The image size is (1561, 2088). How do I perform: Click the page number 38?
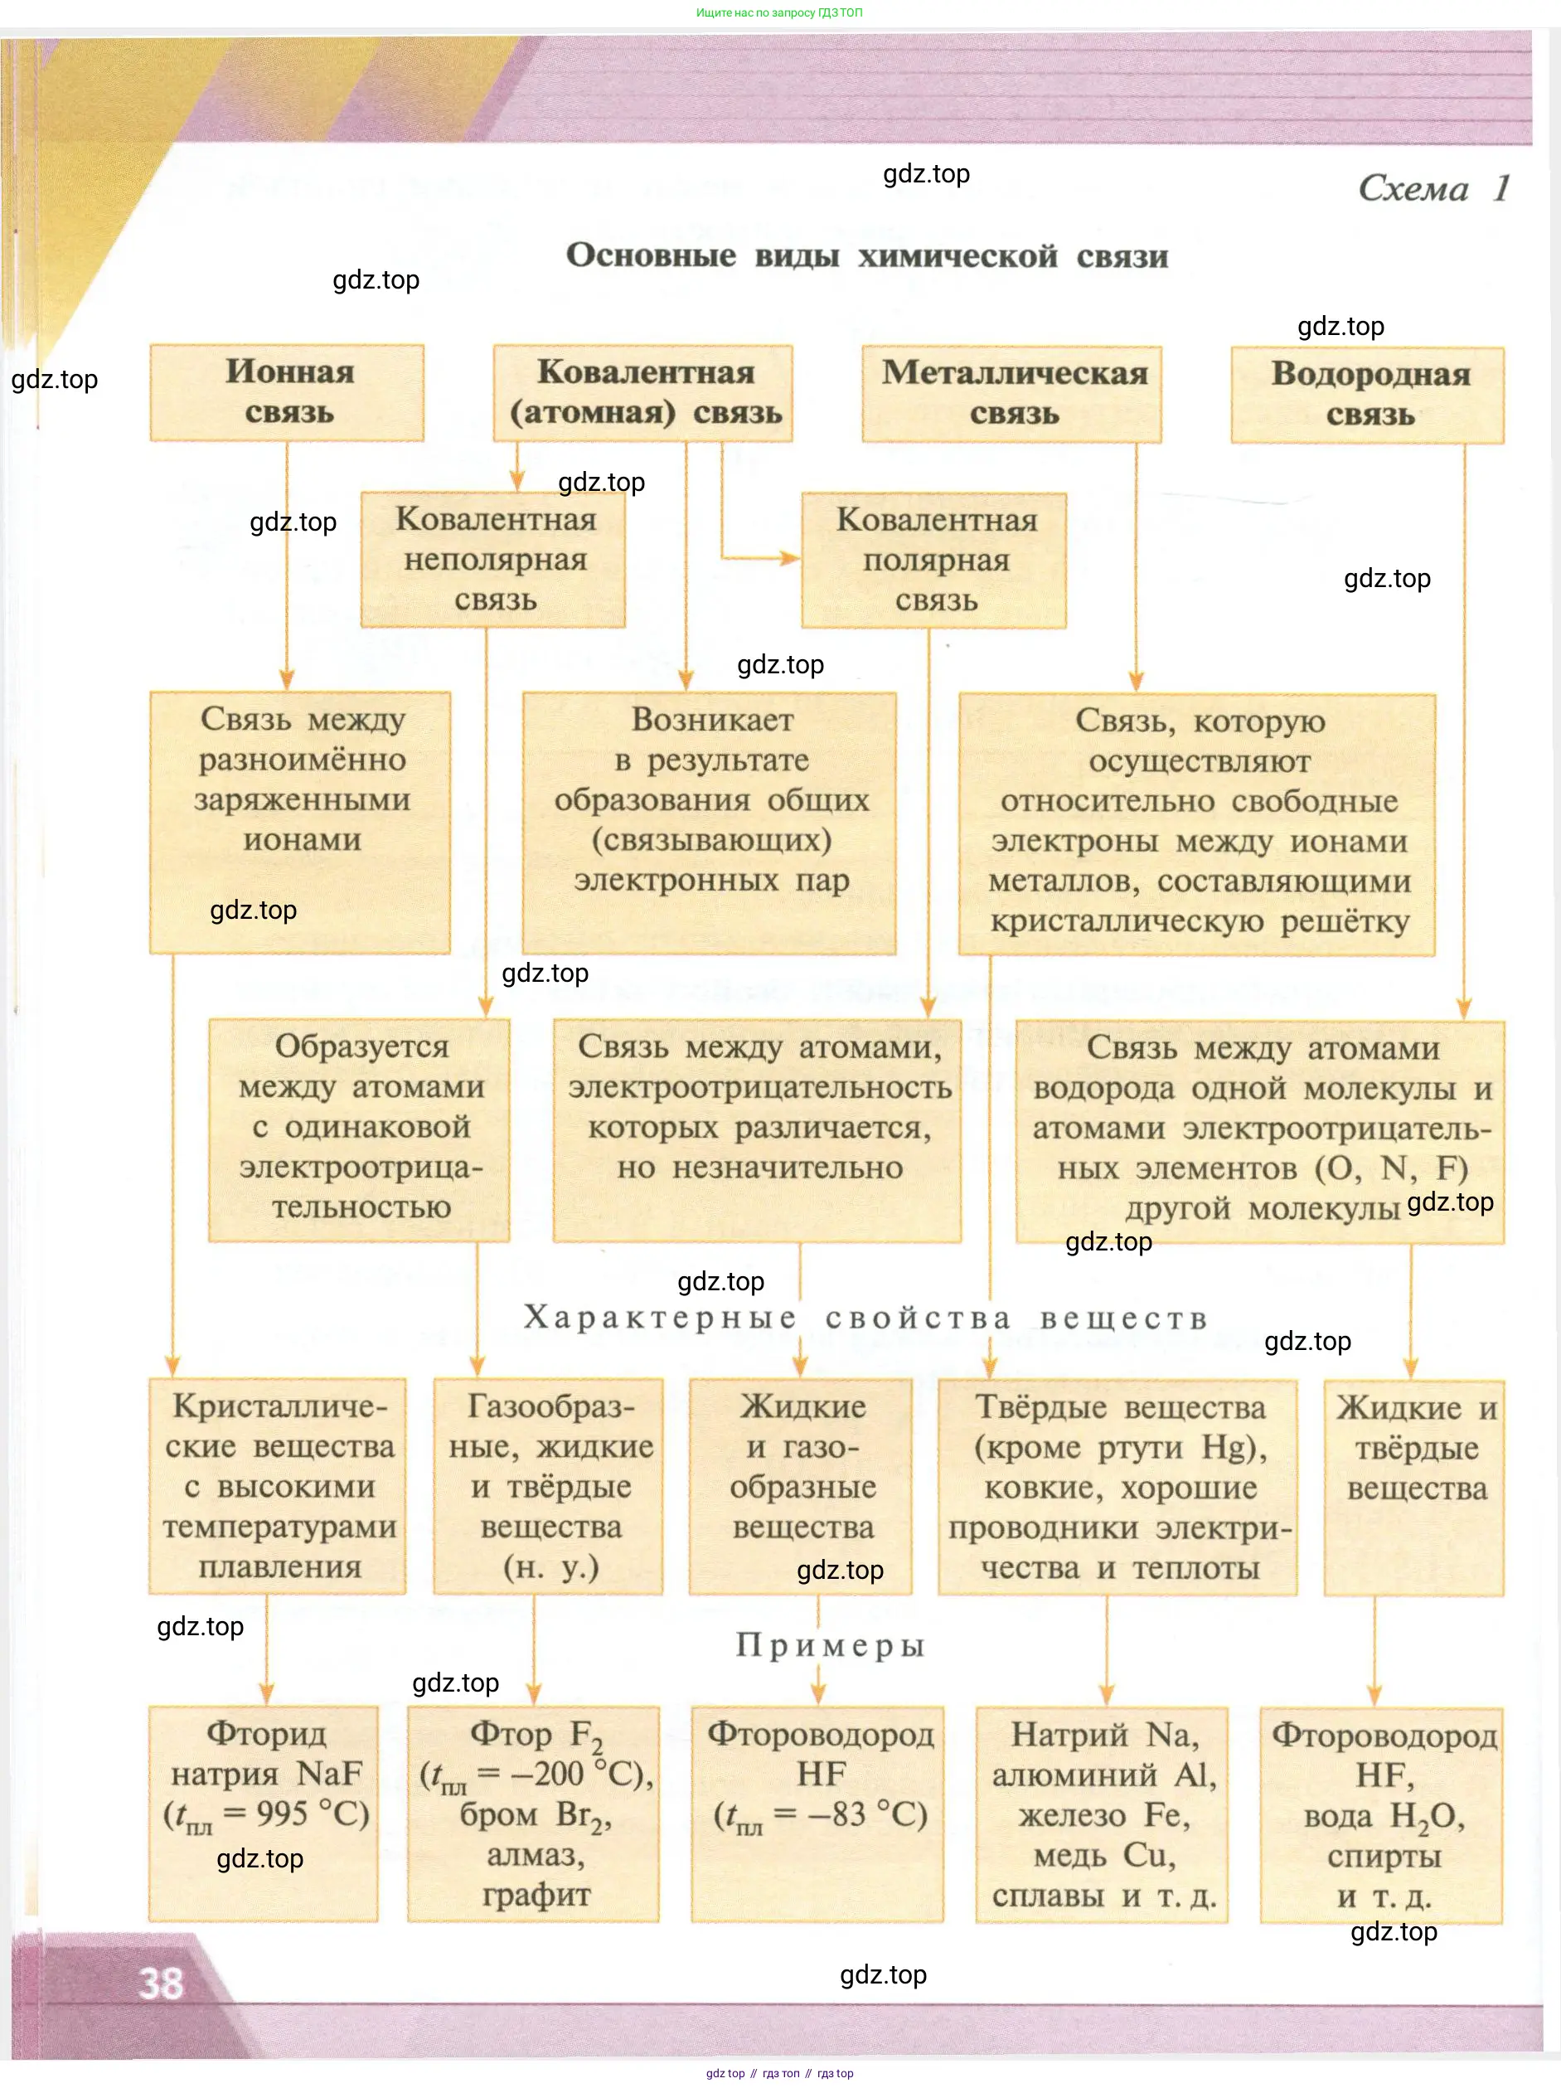point(161,1984)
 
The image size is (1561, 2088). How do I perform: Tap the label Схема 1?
point(1433,189)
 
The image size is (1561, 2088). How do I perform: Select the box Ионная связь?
point(287,393)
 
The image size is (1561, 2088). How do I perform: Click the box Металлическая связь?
point(1011,394)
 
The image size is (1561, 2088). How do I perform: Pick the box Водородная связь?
point(1368,395)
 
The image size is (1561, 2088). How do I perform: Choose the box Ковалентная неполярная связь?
point(493,560)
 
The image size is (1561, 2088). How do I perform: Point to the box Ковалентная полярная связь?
point(934,561)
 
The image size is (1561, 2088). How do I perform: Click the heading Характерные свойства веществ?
point(865,1318)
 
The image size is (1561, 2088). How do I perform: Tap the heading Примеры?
point(831,1645)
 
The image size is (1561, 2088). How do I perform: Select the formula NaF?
point(329,1774)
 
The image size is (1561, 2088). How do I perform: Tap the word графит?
point(536,1895)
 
